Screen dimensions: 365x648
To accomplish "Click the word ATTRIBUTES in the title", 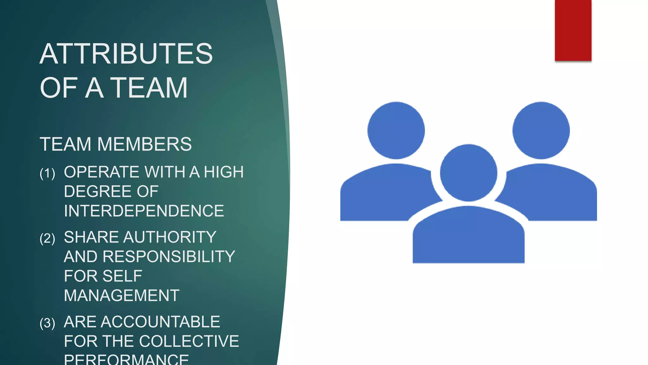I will [126, 54].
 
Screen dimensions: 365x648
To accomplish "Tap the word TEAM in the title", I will [150, 88].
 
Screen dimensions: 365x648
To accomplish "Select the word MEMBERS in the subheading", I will [144, 144].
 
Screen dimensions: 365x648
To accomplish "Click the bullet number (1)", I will [47, 173].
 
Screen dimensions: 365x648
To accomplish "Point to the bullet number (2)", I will [47, 238].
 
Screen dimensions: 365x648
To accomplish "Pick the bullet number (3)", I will [47, 323].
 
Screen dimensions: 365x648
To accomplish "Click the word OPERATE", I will [102, 172].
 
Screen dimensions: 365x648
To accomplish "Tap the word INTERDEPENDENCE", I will [144, 211].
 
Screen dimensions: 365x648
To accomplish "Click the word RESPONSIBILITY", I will [169, 257].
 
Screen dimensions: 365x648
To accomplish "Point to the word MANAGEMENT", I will [121, 296].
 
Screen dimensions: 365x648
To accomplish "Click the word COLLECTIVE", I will [189, 341].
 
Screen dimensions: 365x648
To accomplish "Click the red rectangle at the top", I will [573, 30].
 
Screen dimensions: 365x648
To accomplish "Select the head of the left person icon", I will [396, 130].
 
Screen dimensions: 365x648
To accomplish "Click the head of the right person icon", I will [541, 130].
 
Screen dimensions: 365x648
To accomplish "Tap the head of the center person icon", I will [469, 173].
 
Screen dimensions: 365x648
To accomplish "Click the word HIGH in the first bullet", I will [224, 172].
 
